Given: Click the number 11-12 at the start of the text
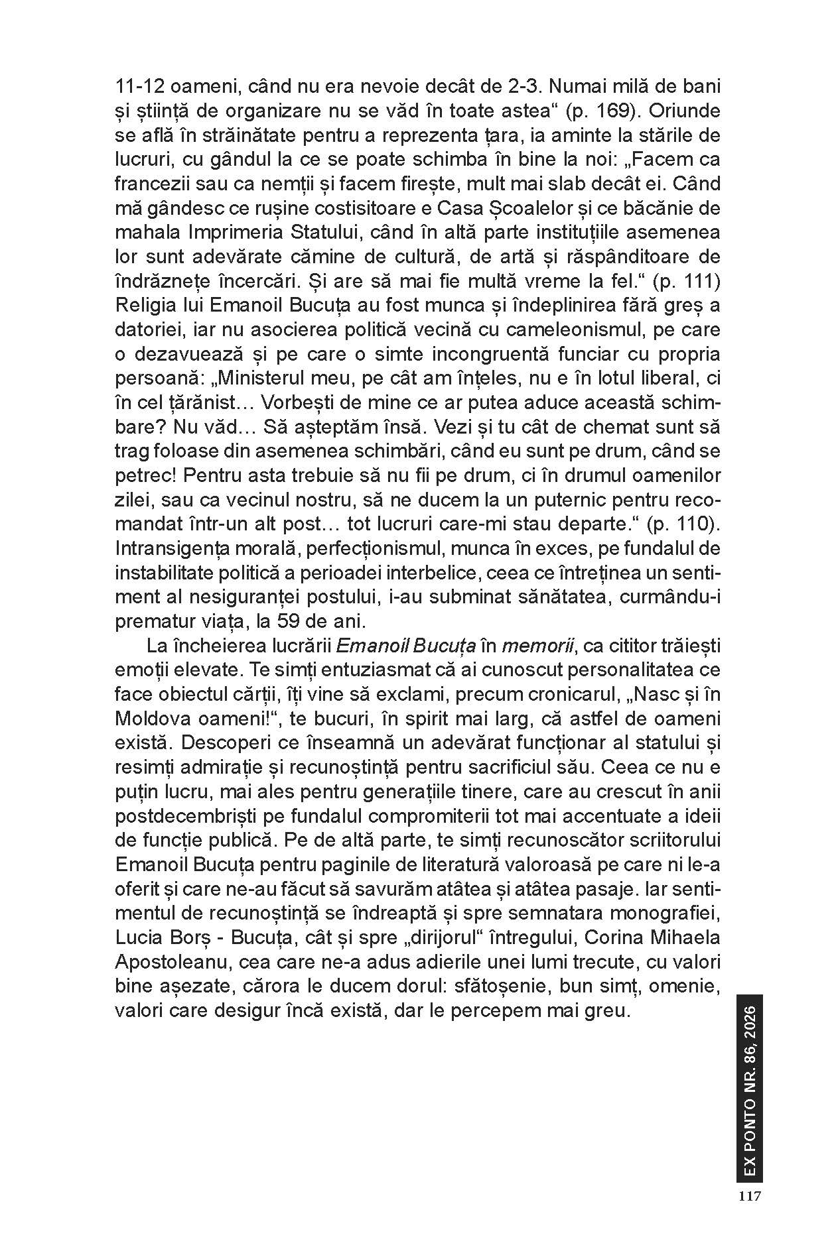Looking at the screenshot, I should pos(135,86).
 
